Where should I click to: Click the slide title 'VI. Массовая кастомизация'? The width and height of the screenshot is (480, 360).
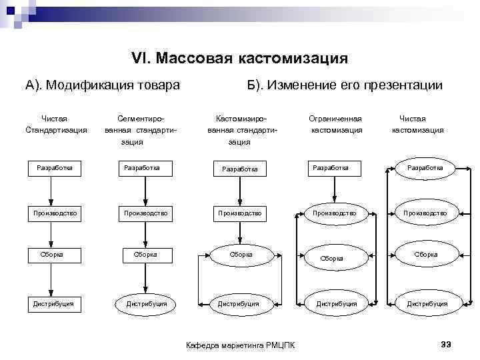239,59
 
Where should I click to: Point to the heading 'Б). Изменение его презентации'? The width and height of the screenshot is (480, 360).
344,85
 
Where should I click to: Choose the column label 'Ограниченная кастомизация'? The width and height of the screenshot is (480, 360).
336,124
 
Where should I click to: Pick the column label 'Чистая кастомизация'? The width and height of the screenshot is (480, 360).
417,124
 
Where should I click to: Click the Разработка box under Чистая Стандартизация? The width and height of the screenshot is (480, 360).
55,168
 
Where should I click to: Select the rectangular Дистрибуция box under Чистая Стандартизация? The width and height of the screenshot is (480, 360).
54,304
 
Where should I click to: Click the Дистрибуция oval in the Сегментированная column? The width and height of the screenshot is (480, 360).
146,304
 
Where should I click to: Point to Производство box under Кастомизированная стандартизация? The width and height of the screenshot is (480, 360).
239,213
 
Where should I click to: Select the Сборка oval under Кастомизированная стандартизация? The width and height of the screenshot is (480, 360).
240,254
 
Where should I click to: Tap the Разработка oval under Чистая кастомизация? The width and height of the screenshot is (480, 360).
425,168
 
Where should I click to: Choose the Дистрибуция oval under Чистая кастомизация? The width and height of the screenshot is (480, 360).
427,304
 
